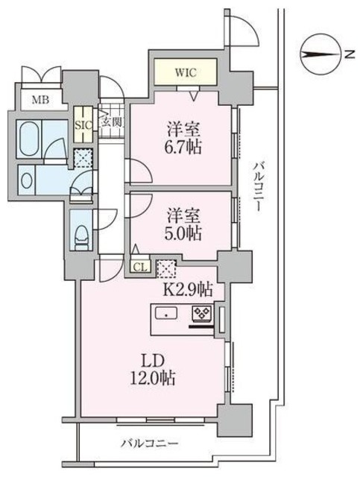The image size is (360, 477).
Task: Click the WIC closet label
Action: point(186,73)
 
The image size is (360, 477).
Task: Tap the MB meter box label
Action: point(40,99)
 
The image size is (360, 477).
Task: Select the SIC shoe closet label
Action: point(83,125)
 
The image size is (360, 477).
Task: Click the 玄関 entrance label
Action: point(111,122)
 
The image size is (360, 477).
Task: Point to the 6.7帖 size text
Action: point(184,148)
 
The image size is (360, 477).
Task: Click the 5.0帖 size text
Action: point(184,233)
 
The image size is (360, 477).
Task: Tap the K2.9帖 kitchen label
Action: point(188,289)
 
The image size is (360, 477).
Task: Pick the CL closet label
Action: point(141,267)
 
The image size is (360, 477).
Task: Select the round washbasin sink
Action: point(27,180)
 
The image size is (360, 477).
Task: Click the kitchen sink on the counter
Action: point(166,313)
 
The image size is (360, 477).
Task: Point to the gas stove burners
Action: point(202,314)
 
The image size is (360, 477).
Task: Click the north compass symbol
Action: point(320,54)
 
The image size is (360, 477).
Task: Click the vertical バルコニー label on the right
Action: point(259,187)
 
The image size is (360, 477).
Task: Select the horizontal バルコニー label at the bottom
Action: point(149,443)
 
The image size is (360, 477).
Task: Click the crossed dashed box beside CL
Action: point(166,269)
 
